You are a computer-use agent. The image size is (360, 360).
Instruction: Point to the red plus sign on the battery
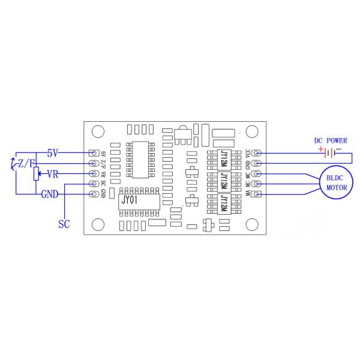pyautogui.click(x=321, y=149)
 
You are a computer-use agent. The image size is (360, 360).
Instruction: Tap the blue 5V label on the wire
pyautogui.click(x=52, y=153)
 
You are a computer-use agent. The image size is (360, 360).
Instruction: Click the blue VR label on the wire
pyautogui.click(x=52, y=174)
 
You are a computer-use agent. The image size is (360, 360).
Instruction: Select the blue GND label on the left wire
pyautogui.click(x=49, y=194)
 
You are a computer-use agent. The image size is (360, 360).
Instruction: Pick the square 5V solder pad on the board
pyautogui.click(x=93, y=153)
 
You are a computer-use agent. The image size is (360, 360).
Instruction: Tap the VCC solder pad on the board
pyautogui.click(x=257, y=153)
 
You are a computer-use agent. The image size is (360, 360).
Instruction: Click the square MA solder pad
pyautogui.click(x=257, y=194)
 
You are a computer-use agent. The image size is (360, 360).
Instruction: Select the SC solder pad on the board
pyautogui.click(x=93, y=184)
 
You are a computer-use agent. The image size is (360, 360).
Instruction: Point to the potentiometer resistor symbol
pyautogui.click(x=35, y=174)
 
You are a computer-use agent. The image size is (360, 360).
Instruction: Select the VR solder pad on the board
pyautogui.click(x=93, y=173)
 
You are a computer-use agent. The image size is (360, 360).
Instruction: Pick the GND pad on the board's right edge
pyautogui.click(x=257, y=163)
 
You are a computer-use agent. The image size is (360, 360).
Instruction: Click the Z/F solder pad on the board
pyautogui.click(x=93, y=163)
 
